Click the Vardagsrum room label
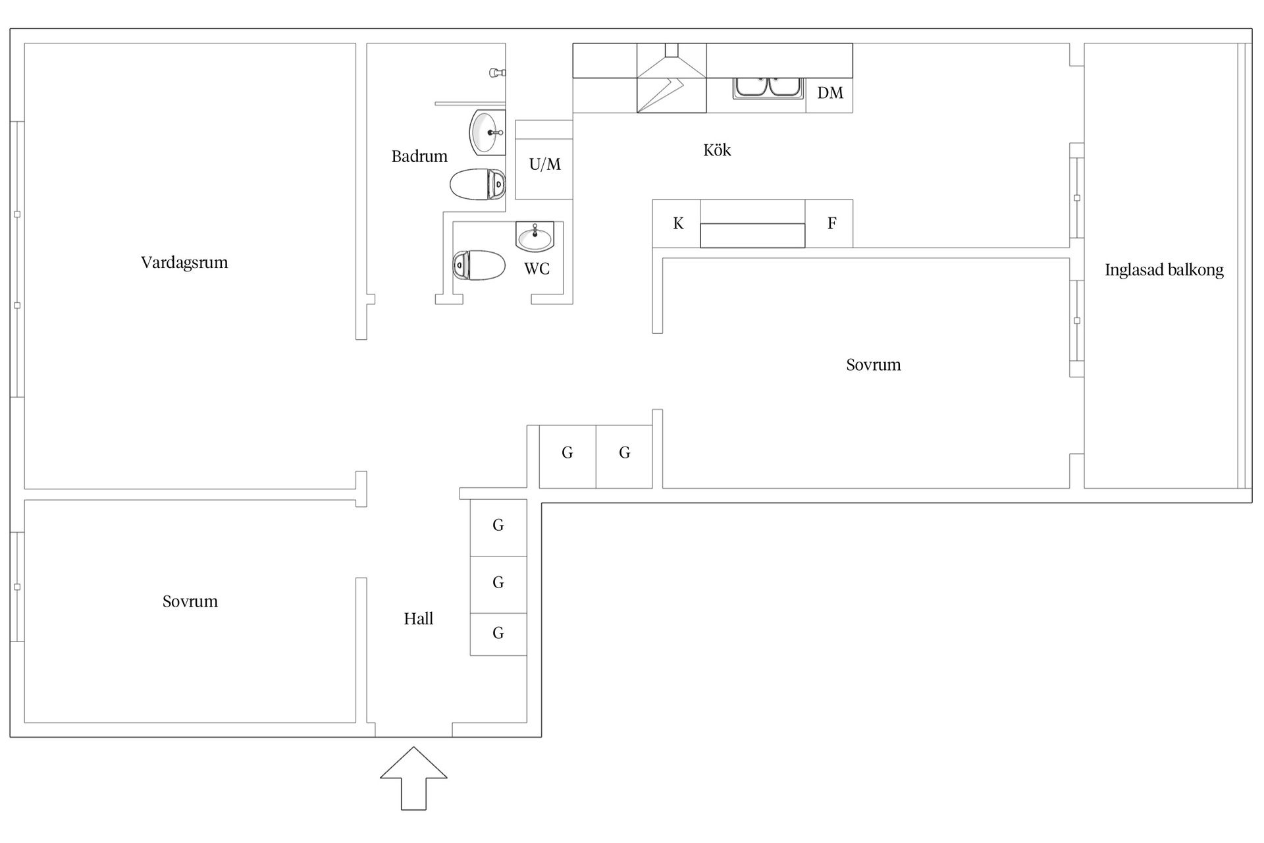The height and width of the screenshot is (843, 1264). (x=184, y=263)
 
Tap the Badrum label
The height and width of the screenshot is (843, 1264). (x=419, y=156)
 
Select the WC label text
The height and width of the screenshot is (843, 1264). (x=537, y=269)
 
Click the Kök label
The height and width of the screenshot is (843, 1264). (x=717, y=150)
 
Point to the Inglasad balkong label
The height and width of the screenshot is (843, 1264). (x=1164, y=270)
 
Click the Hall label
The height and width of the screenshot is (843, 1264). (x=419, y=618)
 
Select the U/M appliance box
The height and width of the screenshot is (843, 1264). (x=544, y=163)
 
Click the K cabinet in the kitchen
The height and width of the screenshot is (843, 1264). (x=677, y=224)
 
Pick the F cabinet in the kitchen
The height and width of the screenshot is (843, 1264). (x=829, y=224)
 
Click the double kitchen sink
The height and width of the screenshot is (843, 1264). (x=768, y=88)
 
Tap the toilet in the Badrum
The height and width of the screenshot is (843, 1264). (x=478, y=184)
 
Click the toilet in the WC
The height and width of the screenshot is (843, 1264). (x=479, y=265)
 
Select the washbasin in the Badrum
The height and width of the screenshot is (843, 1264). (x=487, y=132)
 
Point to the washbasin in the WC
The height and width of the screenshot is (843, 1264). (x=535, y=237)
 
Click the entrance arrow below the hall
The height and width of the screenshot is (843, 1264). (x=413, y=778)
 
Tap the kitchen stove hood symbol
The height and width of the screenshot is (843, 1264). (x=671, y=78)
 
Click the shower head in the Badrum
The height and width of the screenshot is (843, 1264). (x=498, y=72)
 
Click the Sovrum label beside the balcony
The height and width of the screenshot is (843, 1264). (x=873, y=365)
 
